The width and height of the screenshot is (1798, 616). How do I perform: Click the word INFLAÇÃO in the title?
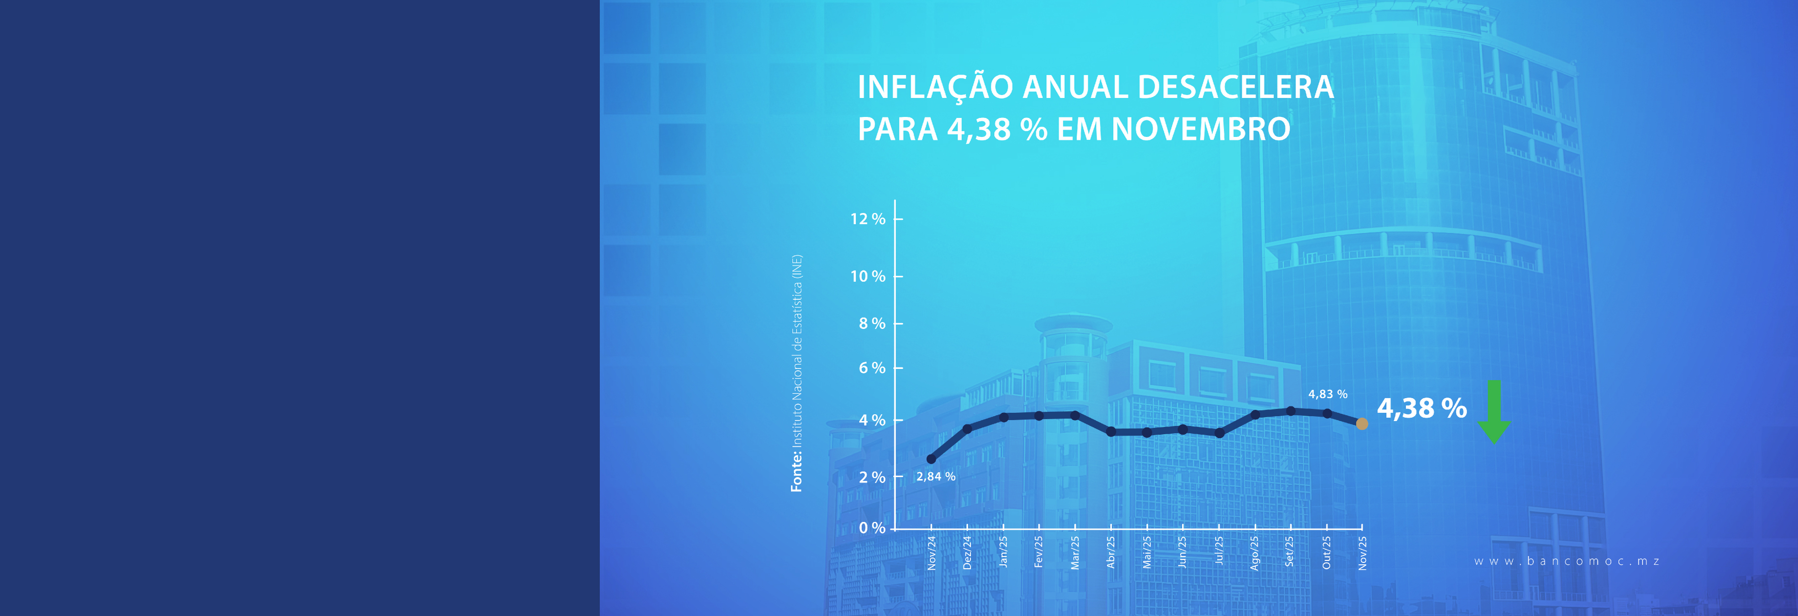pos(935,88)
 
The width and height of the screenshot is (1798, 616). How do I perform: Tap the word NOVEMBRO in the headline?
pos(1200,130)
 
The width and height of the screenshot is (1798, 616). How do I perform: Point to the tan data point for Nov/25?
pos(1362,423)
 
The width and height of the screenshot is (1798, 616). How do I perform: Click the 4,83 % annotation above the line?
pos(1328,394)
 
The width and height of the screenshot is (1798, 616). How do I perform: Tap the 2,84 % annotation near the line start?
pos(935,477)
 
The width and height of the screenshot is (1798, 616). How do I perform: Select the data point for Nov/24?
pos(931,459)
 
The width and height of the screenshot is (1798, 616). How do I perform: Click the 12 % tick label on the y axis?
pos(868,219)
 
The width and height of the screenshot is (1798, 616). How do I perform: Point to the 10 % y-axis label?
pos(868,277)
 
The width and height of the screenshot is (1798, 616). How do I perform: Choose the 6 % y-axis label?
pos(872,367)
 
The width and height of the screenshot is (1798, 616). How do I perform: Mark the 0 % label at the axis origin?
pos(872,528)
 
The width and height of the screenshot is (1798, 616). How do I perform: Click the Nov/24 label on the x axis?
pos(932,553)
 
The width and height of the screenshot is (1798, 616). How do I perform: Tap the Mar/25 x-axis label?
pos(1075,553)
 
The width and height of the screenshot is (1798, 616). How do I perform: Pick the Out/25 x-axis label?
pos(1326,553)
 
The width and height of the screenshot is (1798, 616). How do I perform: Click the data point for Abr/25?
pos(1111,432)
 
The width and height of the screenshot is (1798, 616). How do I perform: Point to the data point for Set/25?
pos(1291,411)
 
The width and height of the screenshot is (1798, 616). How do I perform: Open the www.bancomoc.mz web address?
pos(1567,561)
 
